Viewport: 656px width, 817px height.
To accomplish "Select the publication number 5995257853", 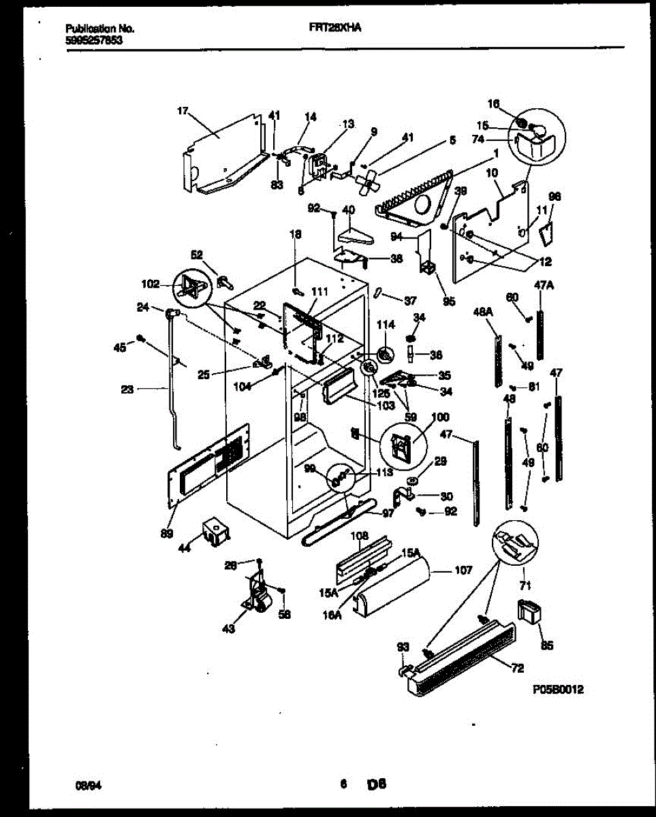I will click(94, 39).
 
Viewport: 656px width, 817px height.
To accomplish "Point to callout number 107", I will click(463, 571).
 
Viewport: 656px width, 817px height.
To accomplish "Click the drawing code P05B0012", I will click(558, 690).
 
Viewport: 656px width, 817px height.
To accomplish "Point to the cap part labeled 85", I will click(529, 611).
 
